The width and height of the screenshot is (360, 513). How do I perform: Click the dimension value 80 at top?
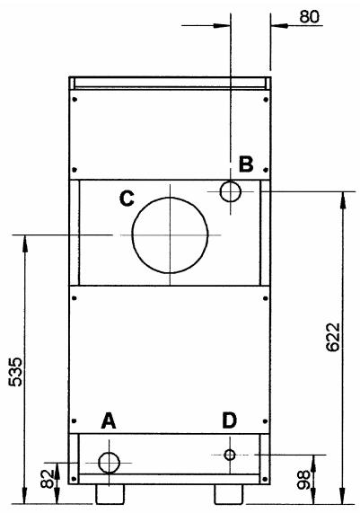pyautogui.click(x=311, y=15)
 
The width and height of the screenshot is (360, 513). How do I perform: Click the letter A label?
pyautogui.click(x=109, y=420)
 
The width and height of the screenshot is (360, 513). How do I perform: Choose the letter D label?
pyautogui.click(x=230, y=420)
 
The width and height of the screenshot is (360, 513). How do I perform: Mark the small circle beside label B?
pyautogui.click(x=230, y=190)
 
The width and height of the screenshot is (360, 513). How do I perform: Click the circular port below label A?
pyautogui.click(x=110, y=463)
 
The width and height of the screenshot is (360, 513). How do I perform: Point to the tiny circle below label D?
pyautogui.click(x=230, y=456)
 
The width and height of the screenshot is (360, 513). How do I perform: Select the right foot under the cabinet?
pyautogui.click(x=228, y=495)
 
